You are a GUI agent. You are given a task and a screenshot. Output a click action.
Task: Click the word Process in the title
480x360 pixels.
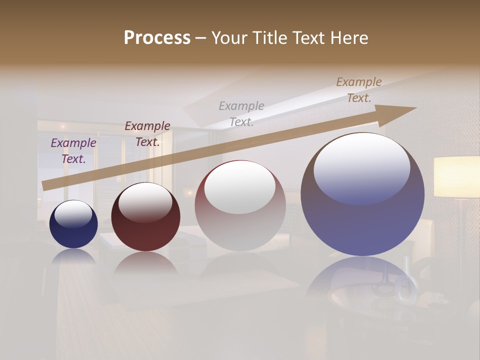(x=157, y=38)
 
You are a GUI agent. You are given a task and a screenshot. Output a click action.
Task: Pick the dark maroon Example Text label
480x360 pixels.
(x=147, y=134)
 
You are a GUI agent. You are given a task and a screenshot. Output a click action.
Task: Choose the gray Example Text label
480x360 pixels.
(x=241, y=114)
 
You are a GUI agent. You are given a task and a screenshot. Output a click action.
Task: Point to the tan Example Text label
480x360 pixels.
(x=359, y=90)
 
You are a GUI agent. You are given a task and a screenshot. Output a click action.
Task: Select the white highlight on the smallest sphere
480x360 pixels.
(x=73, y=214)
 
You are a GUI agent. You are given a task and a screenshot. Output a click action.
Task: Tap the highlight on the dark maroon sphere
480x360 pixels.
(x=145, y=201)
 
